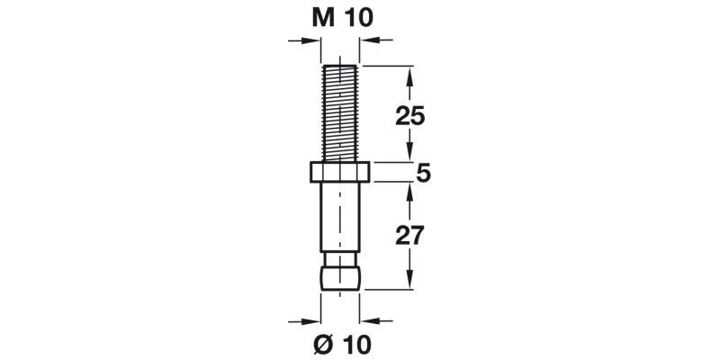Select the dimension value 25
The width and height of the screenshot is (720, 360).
pos(410,114)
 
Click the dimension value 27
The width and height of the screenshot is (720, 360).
pos(410,236)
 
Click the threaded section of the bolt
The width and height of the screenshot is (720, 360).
pos(341,112)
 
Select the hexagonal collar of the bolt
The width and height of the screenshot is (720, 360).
pos(341,171)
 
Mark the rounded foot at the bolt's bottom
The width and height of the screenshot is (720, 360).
pos(341,276)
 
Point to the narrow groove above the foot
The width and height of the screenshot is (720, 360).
pos(341,256)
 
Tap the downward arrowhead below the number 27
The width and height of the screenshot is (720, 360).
pos(410,280)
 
